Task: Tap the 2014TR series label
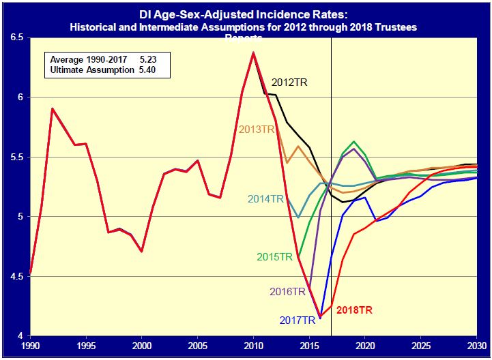coord(265,199)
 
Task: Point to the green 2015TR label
coord(274,257)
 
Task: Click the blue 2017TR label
coord(298,320)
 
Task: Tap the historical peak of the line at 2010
coord(253,52)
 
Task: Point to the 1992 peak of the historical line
coord(53,108)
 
